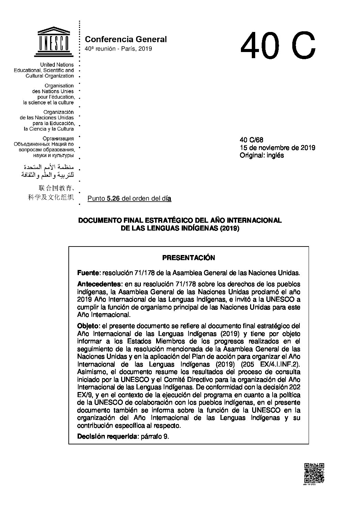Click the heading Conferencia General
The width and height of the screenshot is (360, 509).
126,39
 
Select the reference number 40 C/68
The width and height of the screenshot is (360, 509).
251,140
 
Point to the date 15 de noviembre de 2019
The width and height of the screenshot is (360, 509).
277,148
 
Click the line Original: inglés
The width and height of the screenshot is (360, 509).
262,155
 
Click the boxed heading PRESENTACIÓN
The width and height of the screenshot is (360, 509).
189,258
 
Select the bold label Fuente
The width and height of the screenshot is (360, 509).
88,273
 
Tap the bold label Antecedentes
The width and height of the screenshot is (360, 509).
98,284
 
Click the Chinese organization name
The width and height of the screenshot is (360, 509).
51,193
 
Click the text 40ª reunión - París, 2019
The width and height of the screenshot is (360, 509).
118,49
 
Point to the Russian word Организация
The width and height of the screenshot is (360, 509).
58,139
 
